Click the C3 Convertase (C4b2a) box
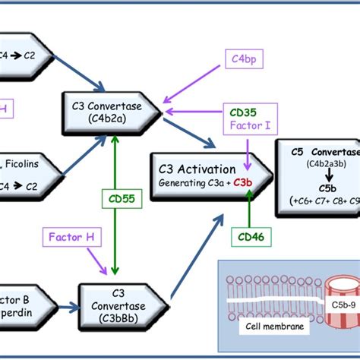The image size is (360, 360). click(x=112, y=111)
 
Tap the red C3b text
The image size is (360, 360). click(x=246, y=182)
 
